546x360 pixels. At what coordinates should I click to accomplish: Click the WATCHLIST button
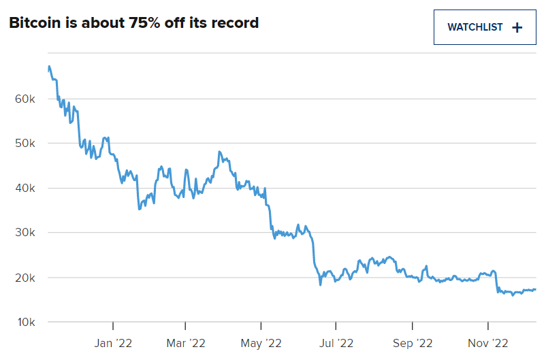click(x=485, y=27)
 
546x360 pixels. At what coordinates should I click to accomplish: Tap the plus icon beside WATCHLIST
click(x=517, y=27)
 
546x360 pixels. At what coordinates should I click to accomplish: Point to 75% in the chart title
click(x=144, y=23)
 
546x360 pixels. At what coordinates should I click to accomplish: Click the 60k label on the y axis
click(x=25, y=99)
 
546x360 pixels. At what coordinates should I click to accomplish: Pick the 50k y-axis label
click(x=25, y=143)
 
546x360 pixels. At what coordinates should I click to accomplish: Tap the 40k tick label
click(x=25, y=189)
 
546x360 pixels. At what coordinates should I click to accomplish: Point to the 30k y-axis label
click(x=25, y=232)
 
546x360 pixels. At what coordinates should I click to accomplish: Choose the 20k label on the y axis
click(x=25, y=278)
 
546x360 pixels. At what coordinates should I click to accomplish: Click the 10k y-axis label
click(x=26, y=323)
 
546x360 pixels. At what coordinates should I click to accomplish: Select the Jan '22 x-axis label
click(x=113, y=343)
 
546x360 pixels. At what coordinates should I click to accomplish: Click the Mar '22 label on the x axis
click(x=186, y=343)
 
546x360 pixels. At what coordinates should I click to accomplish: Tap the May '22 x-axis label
click(x=261, y=344)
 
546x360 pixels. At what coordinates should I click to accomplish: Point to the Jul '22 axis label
click(x=336, y=343)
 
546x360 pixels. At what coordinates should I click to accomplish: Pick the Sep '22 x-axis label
click(x=413, y=344)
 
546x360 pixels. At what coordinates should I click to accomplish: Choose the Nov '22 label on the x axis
click(x=488, y=343)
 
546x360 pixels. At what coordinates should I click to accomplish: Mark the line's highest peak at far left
click(x=49, y=66)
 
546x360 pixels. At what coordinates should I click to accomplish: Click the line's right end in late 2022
click(x=535, y=289)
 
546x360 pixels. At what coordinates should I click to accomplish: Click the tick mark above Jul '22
click(x=336, y=326)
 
